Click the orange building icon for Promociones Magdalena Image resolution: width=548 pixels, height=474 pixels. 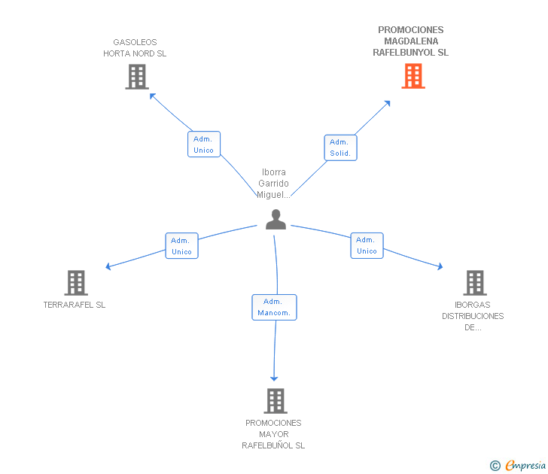(413, 76)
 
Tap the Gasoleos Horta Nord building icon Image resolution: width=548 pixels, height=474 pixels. (136, 76)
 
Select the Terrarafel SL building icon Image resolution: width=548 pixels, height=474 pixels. (76, 282)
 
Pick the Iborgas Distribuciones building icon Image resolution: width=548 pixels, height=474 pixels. (474, 282)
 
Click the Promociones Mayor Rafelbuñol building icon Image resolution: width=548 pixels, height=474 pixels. (275, 400)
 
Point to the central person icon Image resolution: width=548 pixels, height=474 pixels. (276, 219)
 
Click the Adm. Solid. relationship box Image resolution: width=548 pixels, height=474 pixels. (340, 147)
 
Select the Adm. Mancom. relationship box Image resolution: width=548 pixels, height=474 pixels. (274, 307)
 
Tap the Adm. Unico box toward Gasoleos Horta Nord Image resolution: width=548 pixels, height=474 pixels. (203, 144)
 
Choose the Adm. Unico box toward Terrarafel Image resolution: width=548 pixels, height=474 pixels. (181, 245)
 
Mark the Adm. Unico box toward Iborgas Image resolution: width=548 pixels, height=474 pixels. (367, 245)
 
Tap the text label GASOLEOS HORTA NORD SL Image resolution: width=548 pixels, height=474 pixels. (135, 48)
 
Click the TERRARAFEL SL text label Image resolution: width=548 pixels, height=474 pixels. (75, 305)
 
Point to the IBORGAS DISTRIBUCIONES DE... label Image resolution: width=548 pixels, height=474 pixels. (473, 316)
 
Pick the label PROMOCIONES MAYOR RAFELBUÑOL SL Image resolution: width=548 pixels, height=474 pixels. (273, 434)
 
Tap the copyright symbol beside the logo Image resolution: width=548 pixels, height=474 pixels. (495, 466)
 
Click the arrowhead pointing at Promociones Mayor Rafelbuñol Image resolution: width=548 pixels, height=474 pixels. (274, 378)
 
